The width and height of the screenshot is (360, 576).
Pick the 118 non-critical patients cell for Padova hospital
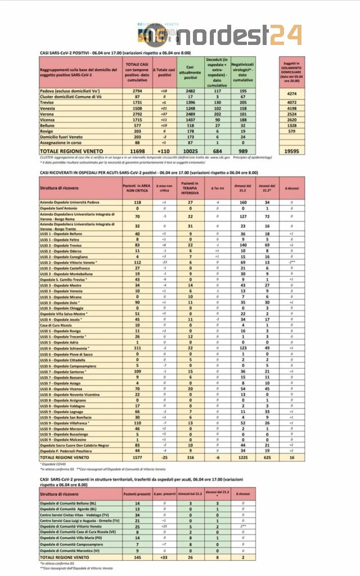point(136,201)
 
